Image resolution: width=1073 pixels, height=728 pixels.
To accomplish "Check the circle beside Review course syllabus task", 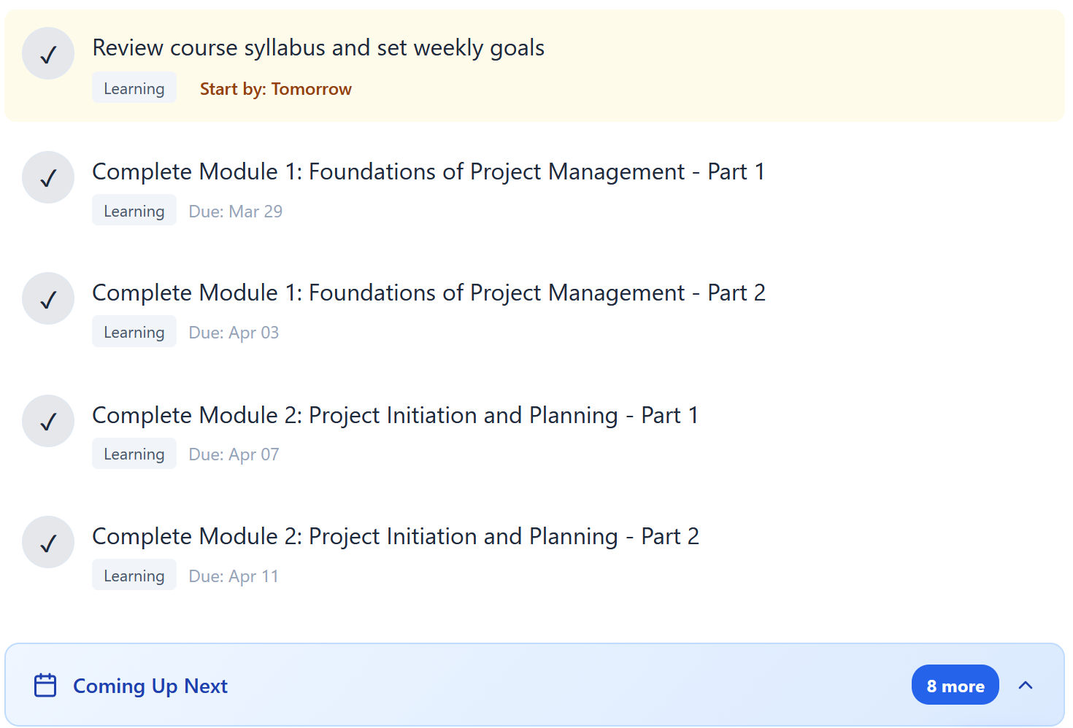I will click(x=48, y=53).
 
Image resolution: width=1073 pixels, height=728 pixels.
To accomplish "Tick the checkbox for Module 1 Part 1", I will click(x=48, y=177).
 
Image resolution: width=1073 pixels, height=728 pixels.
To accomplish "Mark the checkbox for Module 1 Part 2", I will click(x=48, y=298).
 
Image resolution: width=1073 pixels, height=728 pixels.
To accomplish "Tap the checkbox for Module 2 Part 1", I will click(x=48, y=421).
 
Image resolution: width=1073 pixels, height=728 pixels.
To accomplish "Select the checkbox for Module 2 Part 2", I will click(x=48, y=542).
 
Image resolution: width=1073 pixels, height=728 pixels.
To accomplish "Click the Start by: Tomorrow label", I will click(x=275, y=89).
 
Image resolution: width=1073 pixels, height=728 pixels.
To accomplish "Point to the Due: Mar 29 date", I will click(x=235, y=212).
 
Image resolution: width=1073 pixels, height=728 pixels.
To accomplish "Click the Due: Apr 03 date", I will click(x=234, y=333).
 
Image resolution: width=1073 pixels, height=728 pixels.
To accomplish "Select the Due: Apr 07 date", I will click(x=234, y=454).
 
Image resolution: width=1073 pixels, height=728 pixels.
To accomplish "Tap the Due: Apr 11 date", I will click(x=234, y=576).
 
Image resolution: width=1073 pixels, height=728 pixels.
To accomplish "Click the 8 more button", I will click(x=955, y=686).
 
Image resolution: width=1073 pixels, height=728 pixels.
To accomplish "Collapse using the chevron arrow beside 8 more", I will click(x=1026, y=685).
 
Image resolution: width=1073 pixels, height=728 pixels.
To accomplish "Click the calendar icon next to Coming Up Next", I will click(x=45, y=686).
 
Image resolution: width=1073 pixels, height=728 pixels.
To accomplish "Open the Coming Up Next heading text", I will click(x=150, y=686).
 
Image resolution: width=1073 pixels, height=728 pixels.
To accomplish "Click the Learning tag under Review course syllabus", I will click(x=134, y=88).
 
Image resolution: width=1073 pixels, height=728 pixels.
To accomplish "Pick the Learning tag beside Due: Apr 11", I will click(x=134, y=576).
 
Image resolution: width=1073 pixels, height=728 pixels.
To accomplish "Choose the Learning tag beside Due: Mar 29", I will click(x=134, y=211).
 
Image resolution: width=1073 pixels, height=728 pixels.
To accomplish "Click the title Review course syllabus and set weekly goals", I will click(x=318, y=48).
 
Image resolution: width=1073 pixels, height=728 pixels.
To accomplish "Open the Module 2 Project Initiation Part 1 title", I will click(x=395, y=415).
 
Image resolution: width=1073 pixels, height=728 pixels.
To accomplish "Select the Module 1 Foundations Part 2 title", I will click(x=428, y=293).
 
